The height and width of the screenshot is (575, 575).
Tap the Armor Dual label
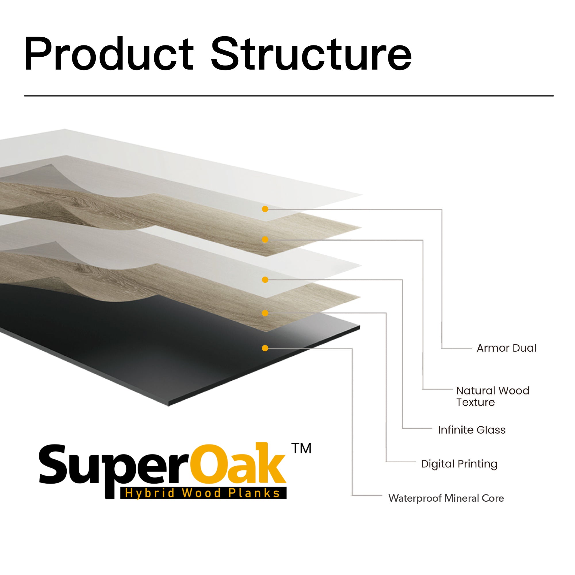click(x=506, y=348)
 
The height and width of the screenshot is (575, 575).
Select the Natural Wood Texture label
click(x=492, y=396)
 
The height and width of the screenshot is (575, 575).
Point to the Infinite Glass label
click(x=472, y=430)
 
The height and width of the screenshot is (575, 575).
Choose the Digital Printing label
click(x=459, y=464)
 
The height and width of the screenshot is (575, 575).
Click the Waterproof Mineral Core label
click(x=446, y=498)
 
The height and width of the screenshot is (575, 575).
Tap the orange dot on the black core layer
click(x=265, y=348)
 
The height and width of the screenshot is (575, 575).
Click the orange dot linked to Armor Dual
click(x=265, y=209)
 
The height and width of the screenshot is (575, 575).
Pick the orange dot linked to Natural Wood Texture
click(x=265, y=239)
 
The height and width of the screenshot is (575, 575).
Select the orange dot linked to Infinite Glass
click(x=265, y=280)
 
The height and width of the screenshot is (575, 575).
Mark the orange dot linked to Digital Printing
click(x=265, y=313)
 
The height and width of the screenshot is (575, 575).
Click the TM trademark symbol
click(x=301, y=448)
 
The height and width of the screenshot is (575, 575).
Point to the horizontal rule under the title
click(x=289, y=96)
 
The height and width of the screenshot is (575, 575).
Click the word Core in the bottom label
click(x=492, y=498)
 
